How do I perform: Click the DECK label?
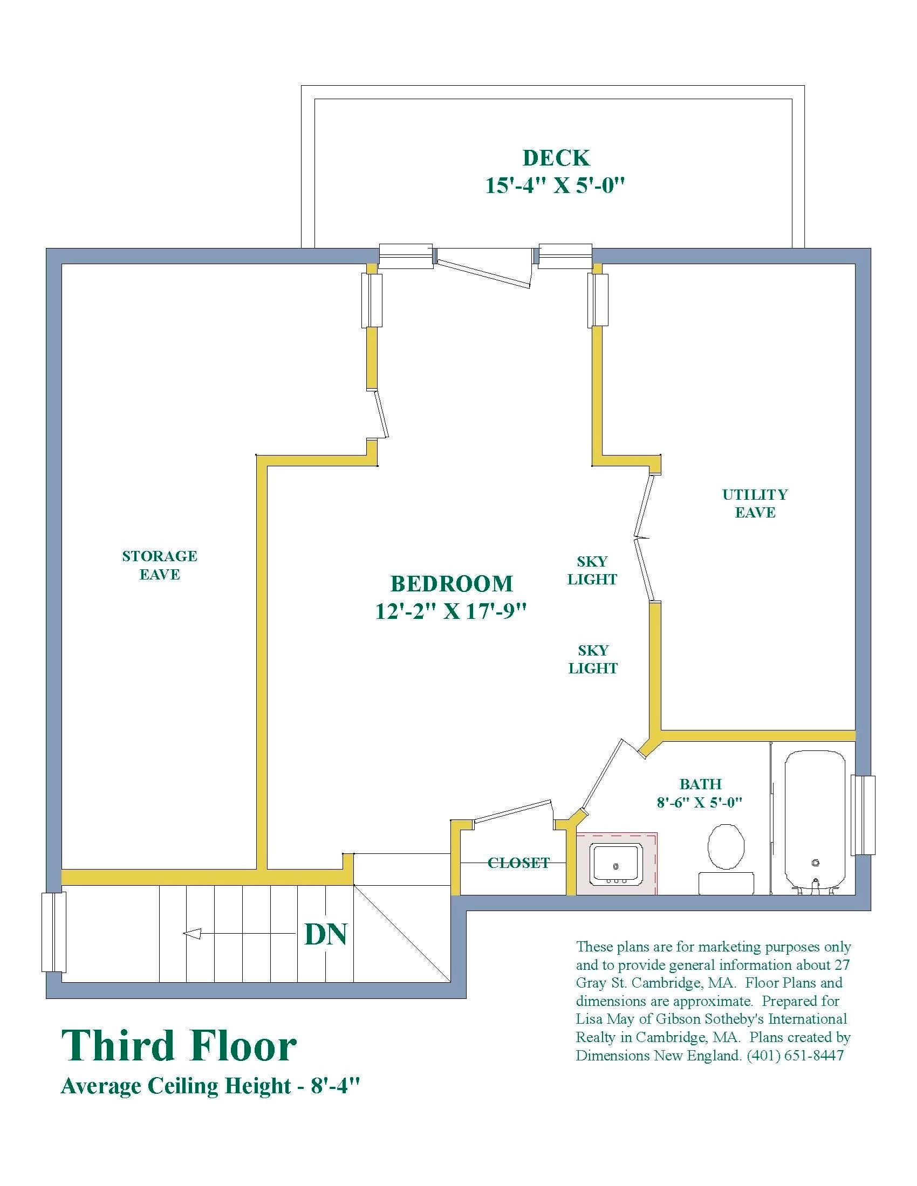click(556, 158)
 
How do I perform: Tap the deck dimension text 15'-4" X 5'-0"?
click(555, 186)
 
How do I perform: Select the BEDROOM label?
click(451, 584)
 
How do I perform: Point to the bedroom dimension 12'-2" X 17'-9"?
click(451, 611)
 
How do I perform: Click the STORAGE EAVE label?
click(159, 566)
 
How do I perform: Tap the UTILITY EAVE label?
click(755, 504)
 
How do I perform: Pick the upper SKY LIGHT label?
click(592, 570)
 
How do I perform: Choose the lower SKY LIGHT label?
click(593, 659)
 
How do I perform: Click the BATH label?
click(700, 784)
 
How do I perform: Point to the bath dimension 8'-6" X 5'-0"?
click(699, 802)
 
